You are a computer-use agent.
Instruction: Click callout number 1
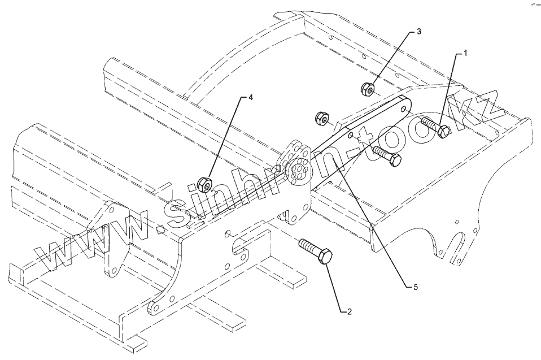[465, 53]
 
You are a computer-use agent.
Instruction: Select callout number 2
[349, 311]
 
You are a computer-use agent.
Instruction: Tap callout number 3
[418, 32]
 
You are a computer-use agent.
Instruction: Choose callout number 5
[415, 287]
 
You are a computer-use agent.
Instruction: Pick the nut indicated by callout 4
[205, 184]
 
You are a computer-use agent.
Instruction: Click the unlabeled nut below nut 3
[322, 118]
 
